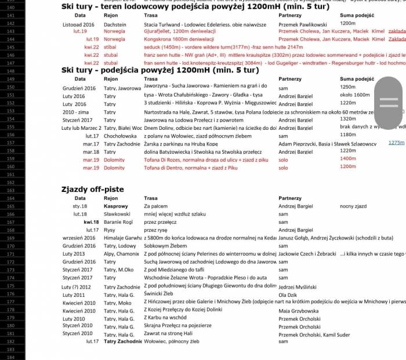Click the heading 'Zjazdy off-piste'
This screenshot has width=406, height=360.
coord(92,189)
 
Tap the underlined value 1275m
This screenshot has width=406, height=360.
coord(396,142)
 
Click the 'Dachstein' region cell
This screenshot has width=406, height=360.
coord(115,25)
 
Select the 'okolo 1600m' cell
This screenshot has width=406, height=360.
coord(354,94)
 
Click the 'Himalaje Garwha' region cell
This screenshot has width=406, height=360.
coord(122,238)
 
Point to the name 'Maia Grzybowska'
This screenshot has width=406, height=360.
coord(298,311)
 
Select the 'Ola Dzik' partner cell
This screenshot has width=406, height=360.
coord(288,294)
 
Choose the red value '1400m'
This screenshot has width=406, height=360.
coord(347,158)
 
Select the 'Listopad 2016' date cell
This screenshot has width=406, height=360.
coord(78,25)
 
